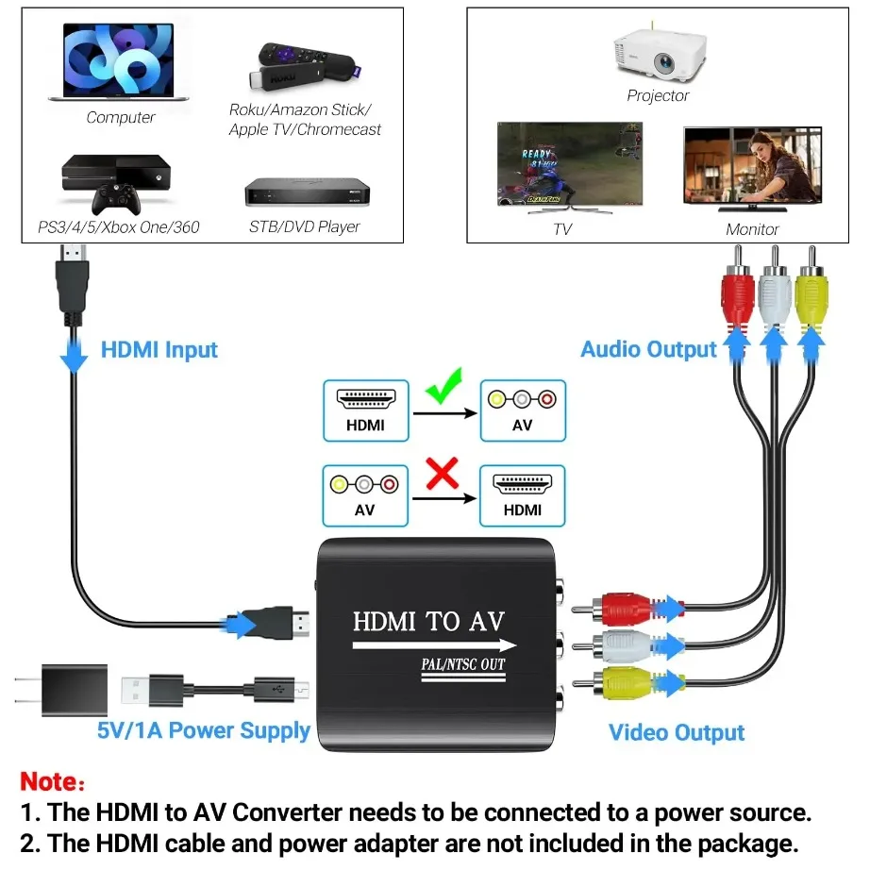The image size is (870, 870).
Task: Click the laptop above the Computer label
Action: click(119, 63)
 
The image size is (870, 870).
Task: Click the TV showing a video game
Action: click(569, 166)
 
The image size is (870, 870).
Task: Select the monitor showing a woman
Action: click(751, 167)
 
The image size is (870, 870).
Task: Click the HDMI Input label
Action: click(159, 350)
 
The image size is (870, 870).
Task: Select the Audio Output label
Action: click(648, 349)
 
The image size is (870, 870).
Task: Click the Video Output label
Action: click(677, 732)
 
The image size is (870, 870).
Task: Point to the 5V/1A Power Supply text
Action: click(204, 730)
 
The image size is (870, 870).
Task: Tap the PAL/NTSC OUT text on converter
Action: click(462, 664)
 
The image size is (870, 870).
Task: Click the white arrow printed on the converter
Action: click(434, 645)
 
